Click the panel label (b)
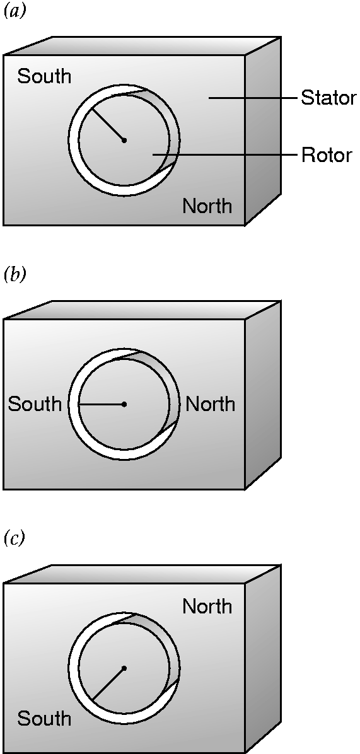point(13,277)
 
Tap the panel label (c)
point(13,540)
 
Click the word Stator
point(328,98)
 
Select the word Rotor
point(327,155)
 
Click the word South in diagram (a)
point(44,76)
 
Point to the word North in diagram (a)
point(207,206)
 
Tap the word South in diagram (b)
point(35,404)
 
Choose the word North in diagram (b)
point(211,404)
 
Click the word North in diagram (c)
point(207,606)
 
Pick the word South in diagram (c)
point(44,719)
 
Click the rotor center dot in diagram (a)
point(124,141)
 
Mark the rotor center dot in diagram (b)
point(124,404)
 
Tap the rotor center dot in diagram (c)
point(124,668)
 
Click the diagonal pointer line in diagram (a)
point(108,125)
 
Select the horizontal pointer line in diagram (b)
point(102,404)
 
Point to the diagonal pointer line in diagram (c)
point(108,684)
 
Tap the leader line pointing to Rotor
point(225,155)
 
